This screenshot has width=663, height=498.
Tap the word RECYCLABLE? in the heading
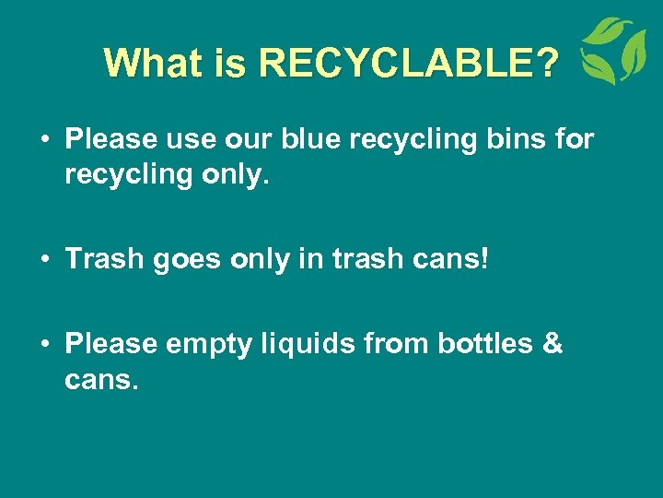(x=409, y=63)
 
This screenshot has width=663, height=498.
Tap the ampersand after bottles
(x=552, y=343)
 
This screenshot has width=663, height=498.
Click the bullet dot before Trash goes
(x=45, y=260)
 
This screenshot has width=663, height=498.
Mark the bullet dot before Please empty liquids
(x=45, y=344)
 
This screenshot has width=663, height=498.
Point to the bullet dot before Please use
(x=45, y=140)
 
